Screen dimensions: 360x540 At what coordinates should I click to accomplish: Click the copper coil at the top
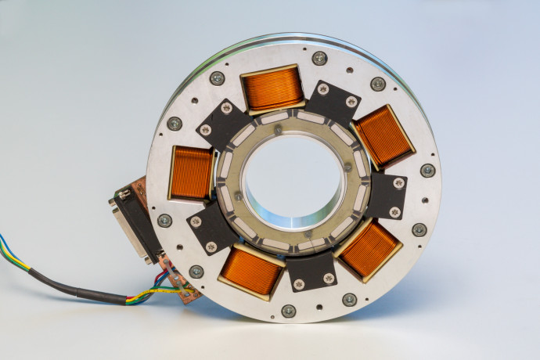pos(272,88)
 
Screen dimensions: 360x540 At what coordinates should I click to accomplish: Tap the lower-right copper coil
pos(369,249)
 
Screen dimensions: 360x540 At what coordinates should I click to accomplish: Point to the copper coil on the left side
pos(191,173)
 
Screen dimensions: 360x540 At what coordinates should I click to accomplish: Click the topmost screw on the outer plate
pos(319,58)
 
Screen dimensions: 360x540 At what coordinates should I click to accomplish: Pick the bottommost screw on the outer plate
pos(289,311)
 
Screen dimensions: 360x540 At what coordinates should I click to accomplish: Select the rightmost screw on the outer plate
pos(427,170)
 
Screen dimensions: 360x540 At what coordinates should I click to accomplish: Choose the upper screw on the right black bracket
pos(398,183)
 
